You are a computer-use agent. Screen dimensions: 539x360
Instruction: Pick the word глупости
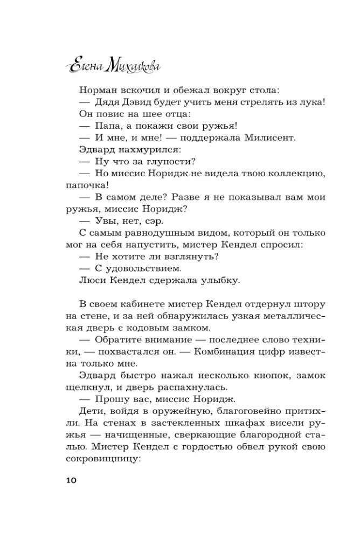pyautogui.click(x=171, y=162)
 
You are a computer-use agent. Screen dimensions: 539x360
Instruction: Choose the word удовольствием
pyautogui.click(x=147, y=268)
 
